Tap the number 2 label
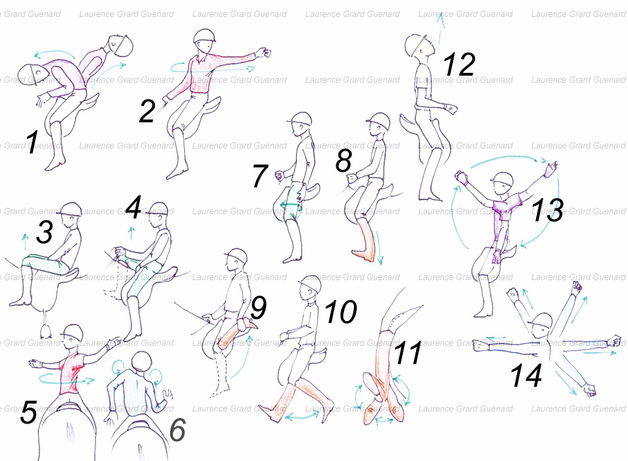tap(147, 112)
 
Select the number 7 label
tap(260, 176)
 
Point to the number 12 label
tap(459, 64)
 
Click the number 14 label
tap(527, 375)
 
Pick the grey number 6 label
tap(178, 429)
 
